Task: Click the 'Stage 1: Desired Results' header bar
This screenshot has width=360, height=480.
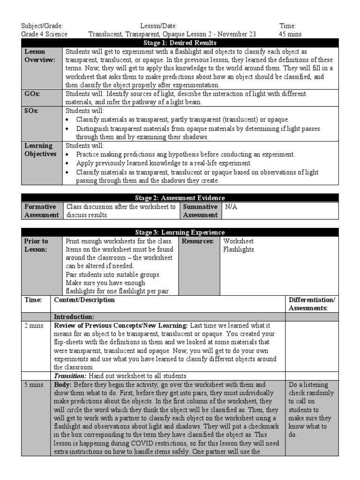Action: pos(180,43)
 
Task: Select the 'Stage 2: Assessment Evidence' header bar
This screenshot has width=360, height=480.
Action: pos(180,198)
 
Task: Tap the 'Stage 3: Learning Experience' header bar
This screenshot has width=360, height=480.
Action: pos(180,232)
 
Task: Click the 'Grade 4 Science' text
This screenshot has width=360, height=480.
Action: pos(45,34)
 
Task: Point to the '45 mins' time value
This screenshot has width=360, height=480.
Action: pos(290,34)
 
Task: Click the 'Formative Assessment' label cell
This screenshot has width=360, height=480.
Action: pos(41,210)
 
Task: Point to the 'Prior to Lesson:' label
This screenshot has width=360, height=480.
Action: pos(36,245)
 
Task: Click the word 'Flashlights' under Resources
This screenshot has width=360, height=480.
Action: pos(239,249)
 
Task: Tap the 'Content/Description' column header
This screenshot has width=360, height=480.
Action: pos(84,300)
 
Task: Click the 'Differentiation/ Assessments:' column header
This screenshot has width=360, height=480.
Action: pos(312,304)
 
